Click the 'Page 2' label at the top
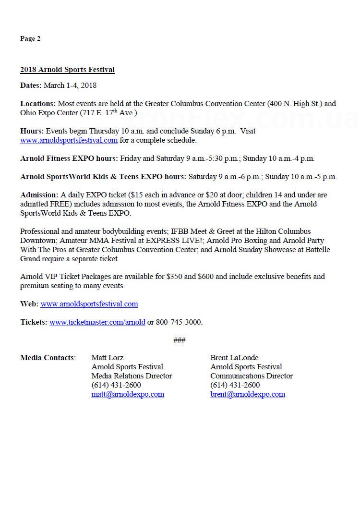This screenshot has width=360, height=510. click(30, 39)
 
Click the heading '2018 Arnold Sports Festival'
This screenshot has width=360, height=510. click(67, 70)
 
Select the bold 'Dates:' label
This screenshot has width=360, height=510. click(31, 85)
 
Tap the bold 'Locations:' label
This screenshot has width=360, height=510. click(38, 103)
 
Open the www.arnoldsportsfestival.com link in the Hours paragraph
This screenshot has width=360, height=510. click(69, 140)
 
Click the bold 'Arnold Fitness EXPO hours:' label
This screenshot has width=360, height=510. click(69, 158)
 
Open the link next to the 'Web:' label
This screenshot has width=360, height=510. click(89, 304)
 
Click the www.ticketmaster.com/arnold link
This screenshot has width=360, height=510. click(97, 322)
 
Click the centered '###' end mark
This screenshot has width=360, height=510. click(179, 340)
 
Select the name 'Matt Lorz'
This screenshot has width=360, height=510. click(107, 358)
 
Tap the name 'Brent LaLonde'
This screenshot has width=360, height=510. click(234, 358)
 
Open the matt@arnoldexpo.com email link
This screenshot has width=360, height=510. click(128, 394)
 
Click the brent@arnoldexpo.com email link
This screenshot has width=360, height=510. click(248, 394)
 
